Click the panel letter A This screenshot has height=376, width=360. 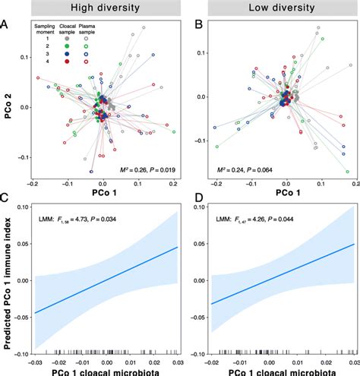(6, 25)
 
